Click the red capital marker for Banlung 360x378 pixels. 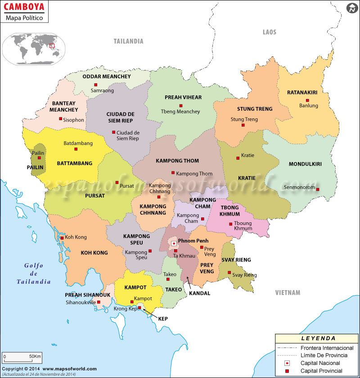[x=307, y=100]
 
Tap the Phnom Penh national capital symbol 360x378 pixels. [x=174, y=243]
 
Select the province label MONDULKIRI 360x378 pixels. [x=305, y=164]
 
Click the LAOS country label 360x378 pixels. [x=270, y=32]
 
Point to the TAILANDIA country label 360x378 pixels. [x=128, y=41]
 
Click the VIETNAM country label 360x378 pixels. [x=288, y=292]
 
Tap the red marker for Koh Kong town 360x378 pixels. [x=62, y=238]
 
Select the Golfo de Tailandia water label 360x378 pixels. [x=34, y=274]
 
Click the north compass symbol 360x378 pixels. [x=352, y=8]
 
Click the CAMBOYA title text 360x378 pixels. [x=24, y=7]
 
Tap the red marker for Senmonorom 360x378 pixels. [x=318, y=189]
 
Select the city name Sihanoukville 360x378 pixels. [x=81, y=303]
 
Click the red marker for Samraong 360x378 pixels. [x=95, y=85]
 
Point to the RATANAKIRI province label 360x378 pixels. [x=302, y=93]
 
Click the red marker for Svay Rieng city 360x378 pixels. [x=229, y=272]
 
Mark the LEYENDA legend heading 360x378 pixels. [x=318, y=338]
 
